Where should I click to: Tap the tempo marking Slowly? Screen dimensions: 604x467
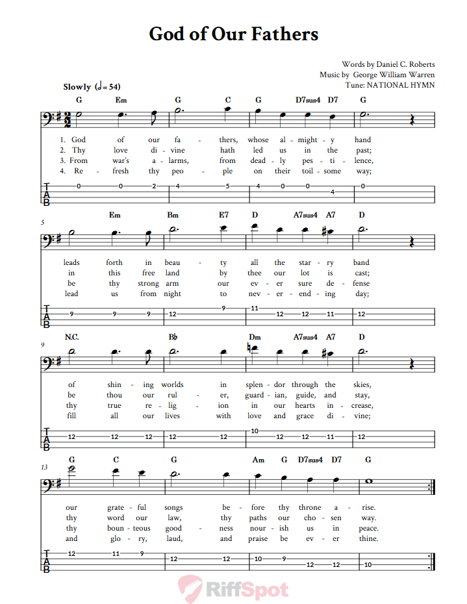coord(77,86)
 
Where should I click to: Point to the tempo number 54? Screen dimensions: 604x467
coord(114,86)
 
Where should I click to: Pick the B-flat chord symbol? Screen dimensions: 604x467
coord(173,337)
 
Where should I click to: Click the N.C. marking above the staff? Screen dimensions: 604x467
coord(71,337)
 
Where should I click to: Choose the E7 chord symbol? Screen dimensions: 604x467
coord(223,215)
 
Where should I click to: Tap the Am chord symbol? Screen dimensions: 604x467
coord(259,460)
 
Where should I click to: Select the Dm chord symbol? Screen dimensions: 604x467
coord(255,337)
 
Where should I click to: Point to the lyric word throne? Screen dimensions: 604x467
coord(310,507)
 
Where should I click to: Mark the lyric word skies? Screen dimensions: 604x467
coord(361,384)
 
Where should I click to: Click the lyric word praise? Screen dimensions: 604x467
coord(258,538)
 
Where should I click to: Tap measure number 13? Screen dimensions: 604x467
coord(44,466)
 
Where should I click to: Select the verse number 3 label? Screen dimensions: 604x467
coord(62,160)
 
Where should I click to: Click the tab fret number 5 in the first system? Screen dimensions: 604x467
coord(228,186)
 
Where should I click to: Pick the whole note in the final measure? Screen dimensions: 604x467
coord(368,482)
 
